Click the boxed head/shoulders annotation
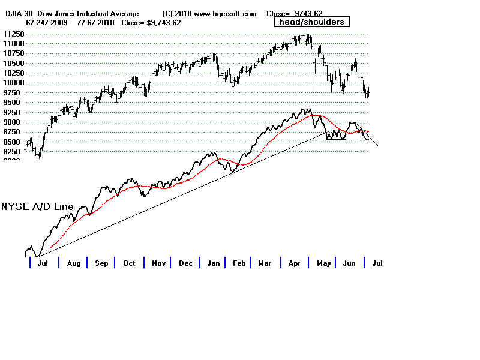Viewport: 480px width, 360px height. (x=311, y=22)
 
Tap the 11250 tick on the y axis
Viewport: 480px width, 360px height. (x=13, y=34)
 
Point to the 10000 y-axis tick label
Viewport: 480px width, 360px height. (x=13, y=83)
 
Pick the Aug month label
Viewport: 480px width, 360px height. (x=73, y=263)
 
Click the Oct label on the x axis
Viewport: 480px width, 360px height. (x=129, y=263)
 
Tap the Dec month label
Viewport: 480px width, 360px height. (x=185, y=263)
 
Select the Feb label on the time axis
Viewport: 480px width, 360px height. (x=239, y=263)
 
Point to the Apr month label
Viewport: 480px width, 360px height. (x=293, y=263)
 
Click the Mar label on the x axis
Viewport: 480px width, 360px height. (x=265, y=263)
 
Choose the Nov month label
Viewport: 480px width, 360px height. (x=158, y=263)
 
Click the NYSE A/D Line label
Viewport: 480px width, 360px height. (x=37, y=207)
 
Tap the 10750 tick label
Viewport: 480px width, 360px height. (x=13, y=53)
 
